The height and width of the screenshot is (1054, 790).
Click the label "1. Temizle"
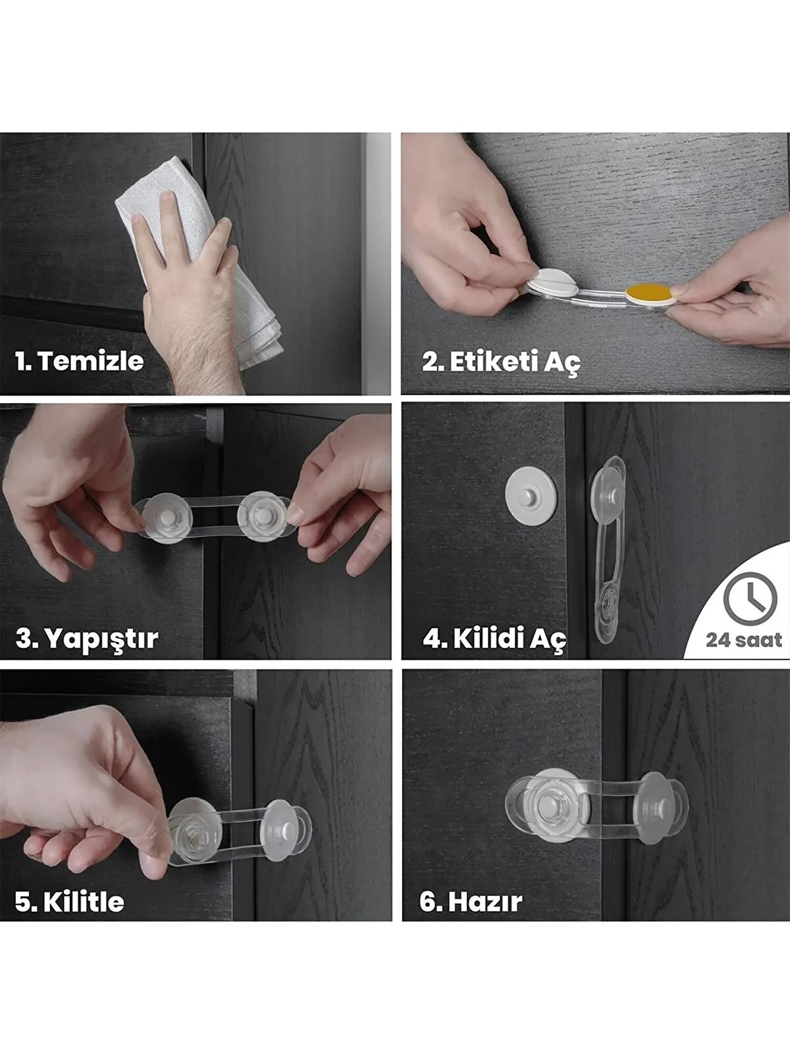click(x=79, y=361)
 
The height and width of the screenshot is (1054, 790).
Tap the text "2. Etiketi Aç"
click(x=501, y=362)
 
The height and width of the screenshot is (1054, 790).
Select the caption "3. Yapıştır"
click(x=86, y=639)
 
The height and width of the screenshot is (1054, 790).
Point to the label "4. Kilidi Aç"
click(x=494, y=639)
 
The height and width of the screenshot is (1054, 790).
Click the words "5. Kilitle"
click(x=69, y=901)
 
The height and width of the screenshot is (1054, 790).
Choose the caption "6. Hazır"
click(x=471, y=901)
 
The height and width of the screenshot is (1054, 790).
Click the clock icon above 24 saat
click(x=750, y=598)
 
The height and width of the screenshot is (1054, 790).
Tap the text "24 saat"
click(x=744, y=640)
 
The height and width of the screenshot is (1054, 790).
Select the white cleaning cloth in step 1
click(x=197, y=250)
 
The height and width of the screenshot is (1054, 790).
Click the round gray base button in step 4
click(x=531, y=496)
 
